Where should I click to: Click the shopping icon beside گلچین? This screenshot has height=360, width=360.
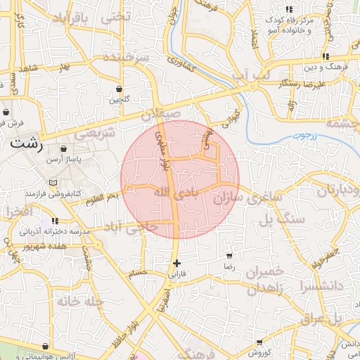[x=119, y=89]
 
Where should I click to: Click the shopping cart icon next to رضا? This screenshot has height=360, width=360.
[x=229, y=257]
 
